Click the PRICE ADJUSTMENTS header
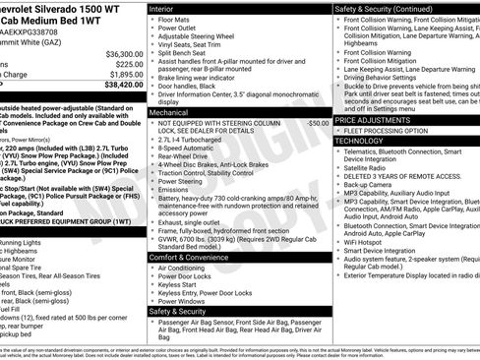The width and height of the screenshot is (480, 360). tap(375, 120)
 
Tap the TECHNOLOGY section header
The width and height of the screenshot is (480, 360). tap(359, 141)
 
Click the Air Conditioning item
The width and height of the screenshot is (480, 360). tap(181, 268)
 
